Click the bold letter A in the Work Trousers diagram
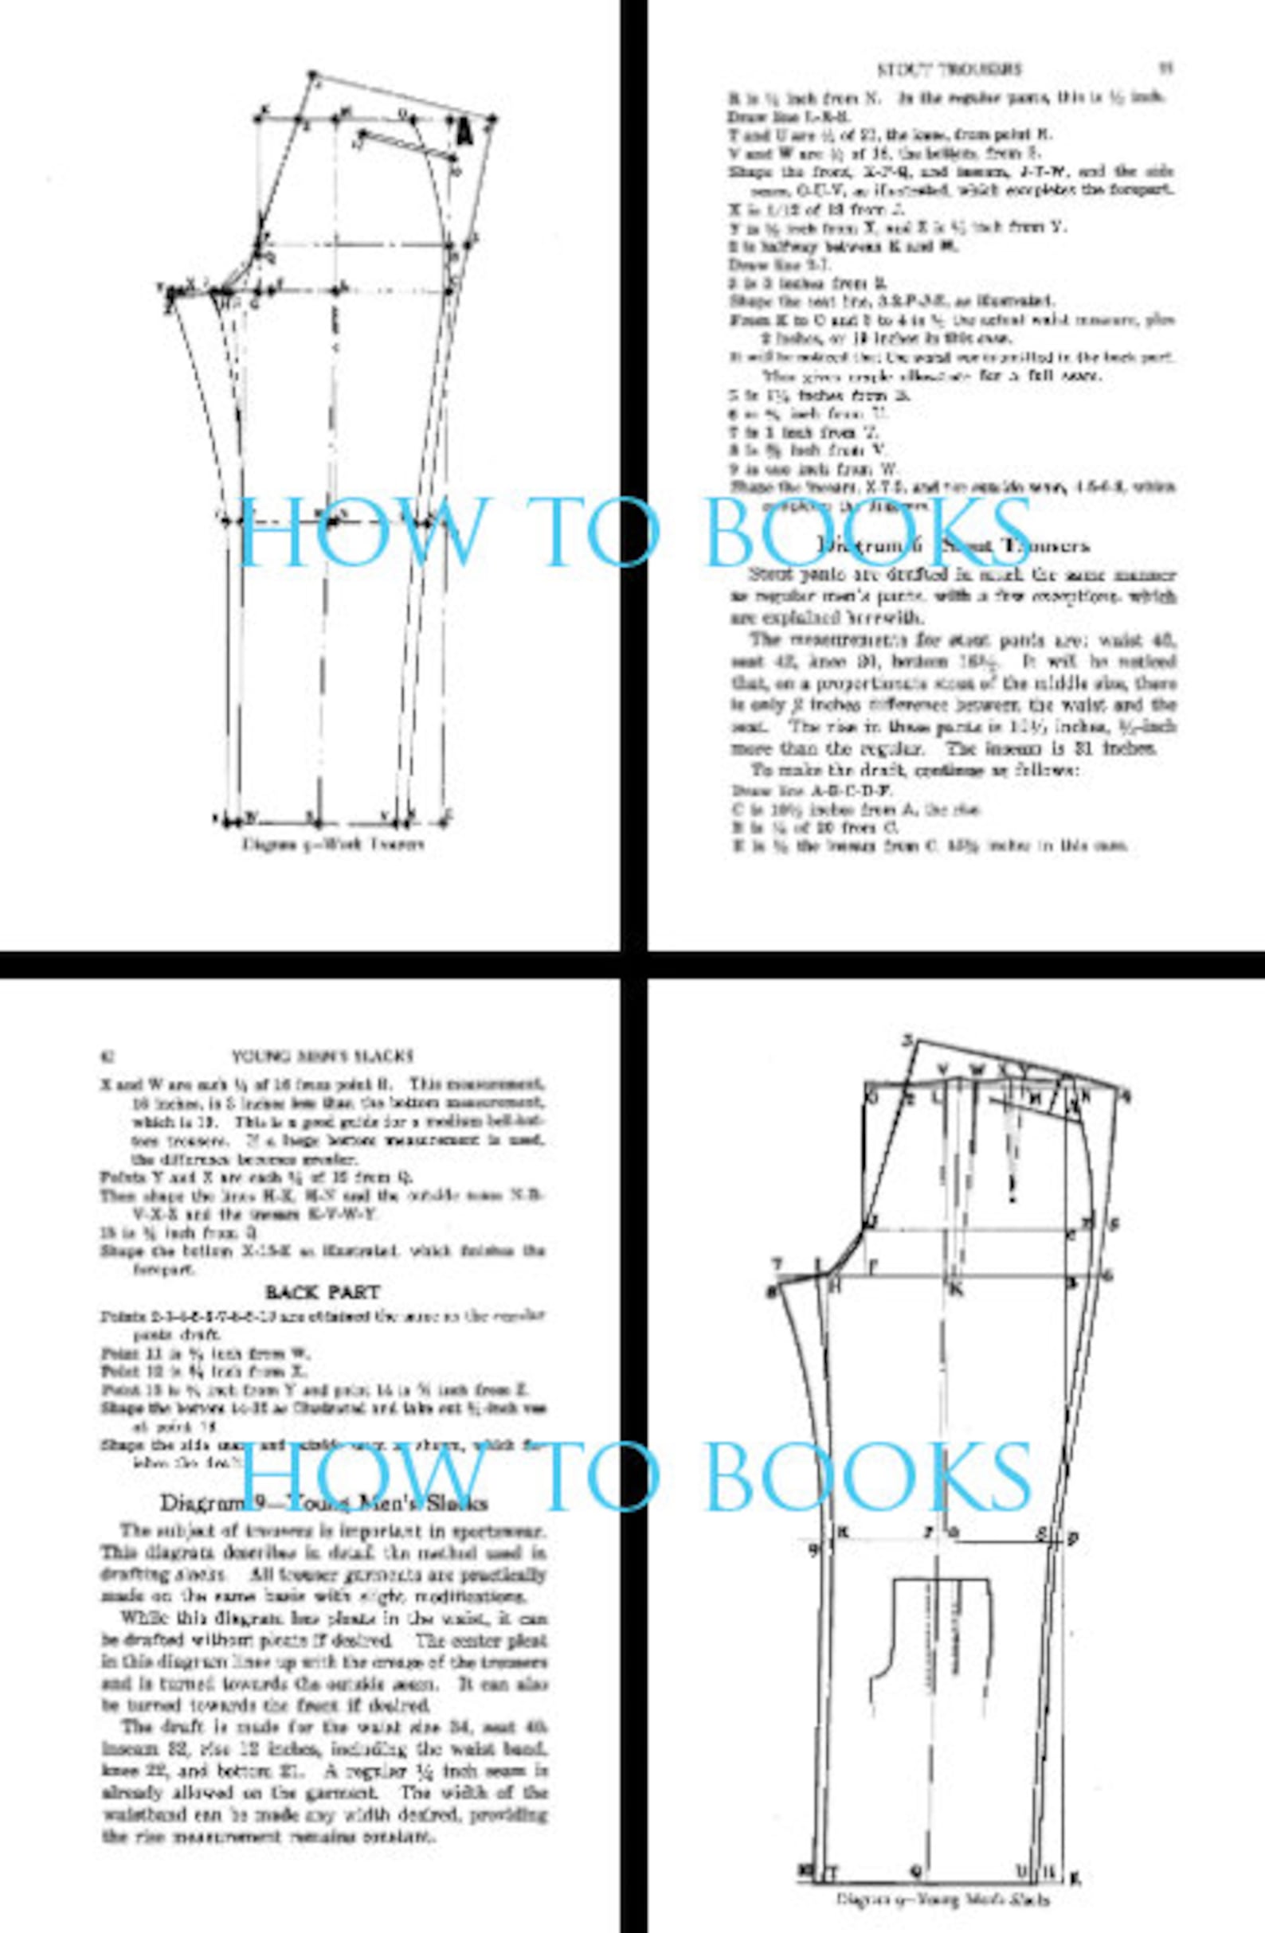[x=464, y=129]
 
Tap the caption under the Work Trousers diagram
[x=333, y=844]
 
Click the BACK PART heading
[x=322, y=1292]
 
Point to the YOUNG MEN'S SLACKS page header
[x=323, y=1056]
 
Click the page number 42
[x=107, y=1056]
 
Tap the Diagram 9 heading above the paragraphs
[x=323, y=1502]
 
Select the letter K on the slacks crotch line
[x=956, y=1289]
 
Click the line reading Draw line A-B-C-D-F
[x=812, y=790]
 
